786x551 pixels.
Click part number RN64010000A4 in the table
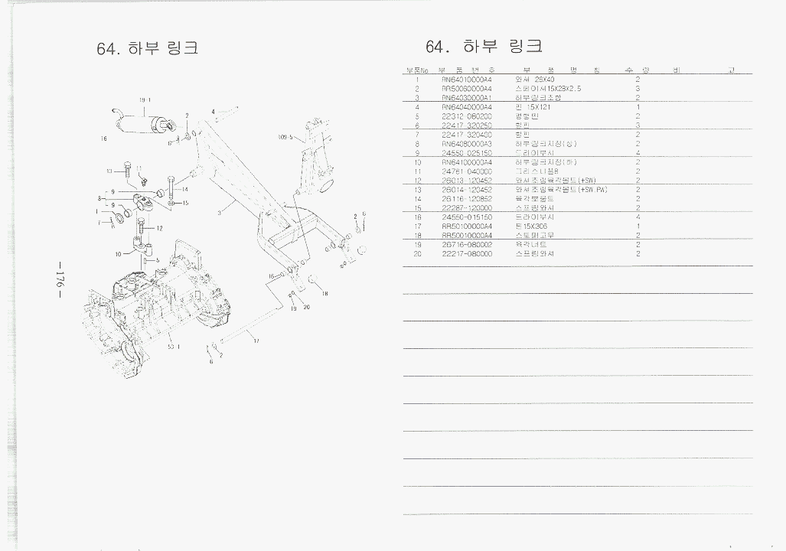click(x=466, y=80)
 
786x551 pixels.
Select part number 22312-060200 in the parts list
click(x=466, y=116)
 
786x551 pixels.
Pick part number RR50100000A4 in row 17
click(x=466, y=227)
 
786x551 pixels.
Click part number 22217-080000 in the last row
click(x=466, y=254)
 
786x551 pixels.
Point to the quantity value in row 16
click(x=637, y=217)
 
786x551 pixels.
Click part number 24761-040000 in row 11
click(x=466, y=171)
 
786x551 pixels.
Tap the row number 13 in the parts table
click(x=418, y=190)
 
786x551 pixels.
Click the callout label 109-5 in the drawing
click(x=285, y=138)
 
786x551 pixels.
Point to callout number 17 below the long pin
click(x=256, y=341)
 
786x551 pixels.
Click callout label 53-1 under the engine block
click(x=174, y=346)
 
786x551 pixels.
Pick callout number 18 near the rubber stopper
click(x=325, y=293)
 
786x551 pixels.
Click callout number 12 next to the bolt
click(x=159, y=228)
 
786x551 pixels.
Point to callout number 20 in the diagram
click(x=306, y=308)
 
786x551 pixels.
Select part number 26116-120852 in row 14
click(x=466, y=199)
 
